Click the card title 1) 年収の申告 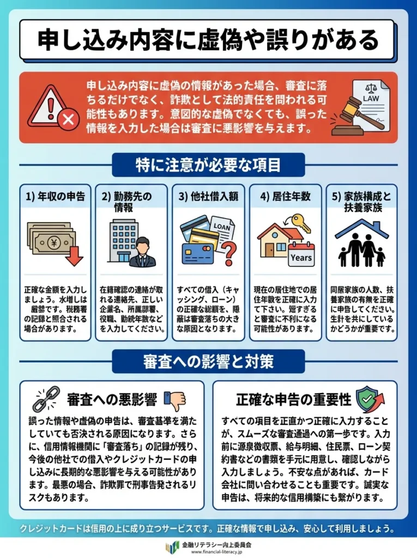pos(55,196)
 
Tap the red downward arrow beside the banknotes pos(74,254)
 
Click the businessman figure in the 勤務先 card pos(142,252)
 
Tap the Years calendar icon pos(301,254)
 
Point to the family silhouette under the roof pos(361,250)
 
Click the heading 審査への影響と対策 pos(208,361)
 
